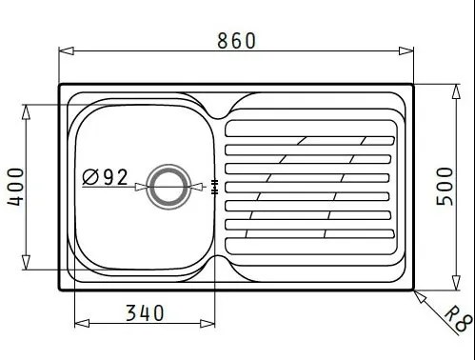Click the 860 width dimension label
pos(236,41)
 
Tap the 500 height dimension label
pos(445,187)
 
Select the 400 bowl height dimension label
pos(15,187)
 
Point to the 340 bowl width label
pos(145,312)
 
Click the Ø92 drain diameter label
pos(105,177)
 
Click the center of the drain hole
pos(168,187)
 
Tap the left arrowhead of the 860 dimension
pos(67,50)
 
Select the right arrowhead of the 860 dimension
pos(406,50)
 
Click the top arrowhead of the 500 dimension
pos(456,91)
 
